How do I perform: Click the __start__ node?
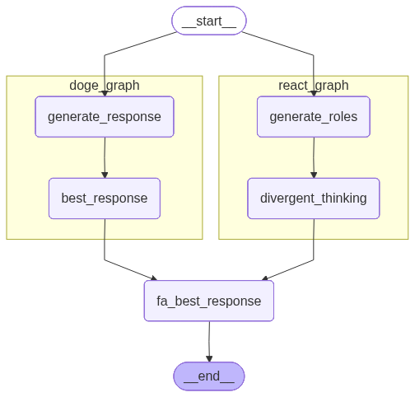(208, 21)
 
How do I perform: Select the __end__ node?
(208, 376)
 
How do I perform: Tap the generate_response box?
(105, 116)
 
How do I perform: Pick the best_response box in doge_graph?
(105, 198)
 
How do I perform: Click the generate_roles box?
(313, 116)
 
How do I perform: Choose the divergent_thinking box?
(313, 198)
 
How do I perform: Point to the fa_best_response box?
(208, 301)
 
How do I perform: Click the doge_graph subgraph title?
(105, 86)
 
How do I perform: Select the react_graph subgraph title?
(313, 86)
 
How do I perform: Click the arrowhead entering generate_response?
(105, 92)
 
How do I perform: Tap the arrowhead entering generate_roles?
(313, 92)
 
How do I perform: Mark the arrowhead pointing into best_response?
(105, 174)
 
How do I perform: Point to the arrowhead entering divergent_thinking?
(313, 174)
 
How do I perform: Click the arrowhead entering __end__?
(208, 358)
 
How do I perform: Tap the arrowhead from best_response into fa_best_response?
(153, 278)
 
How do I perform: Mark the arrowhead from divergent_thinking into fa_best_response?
(264, 278)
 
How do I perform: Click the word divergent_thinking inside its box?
(313, 198)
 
